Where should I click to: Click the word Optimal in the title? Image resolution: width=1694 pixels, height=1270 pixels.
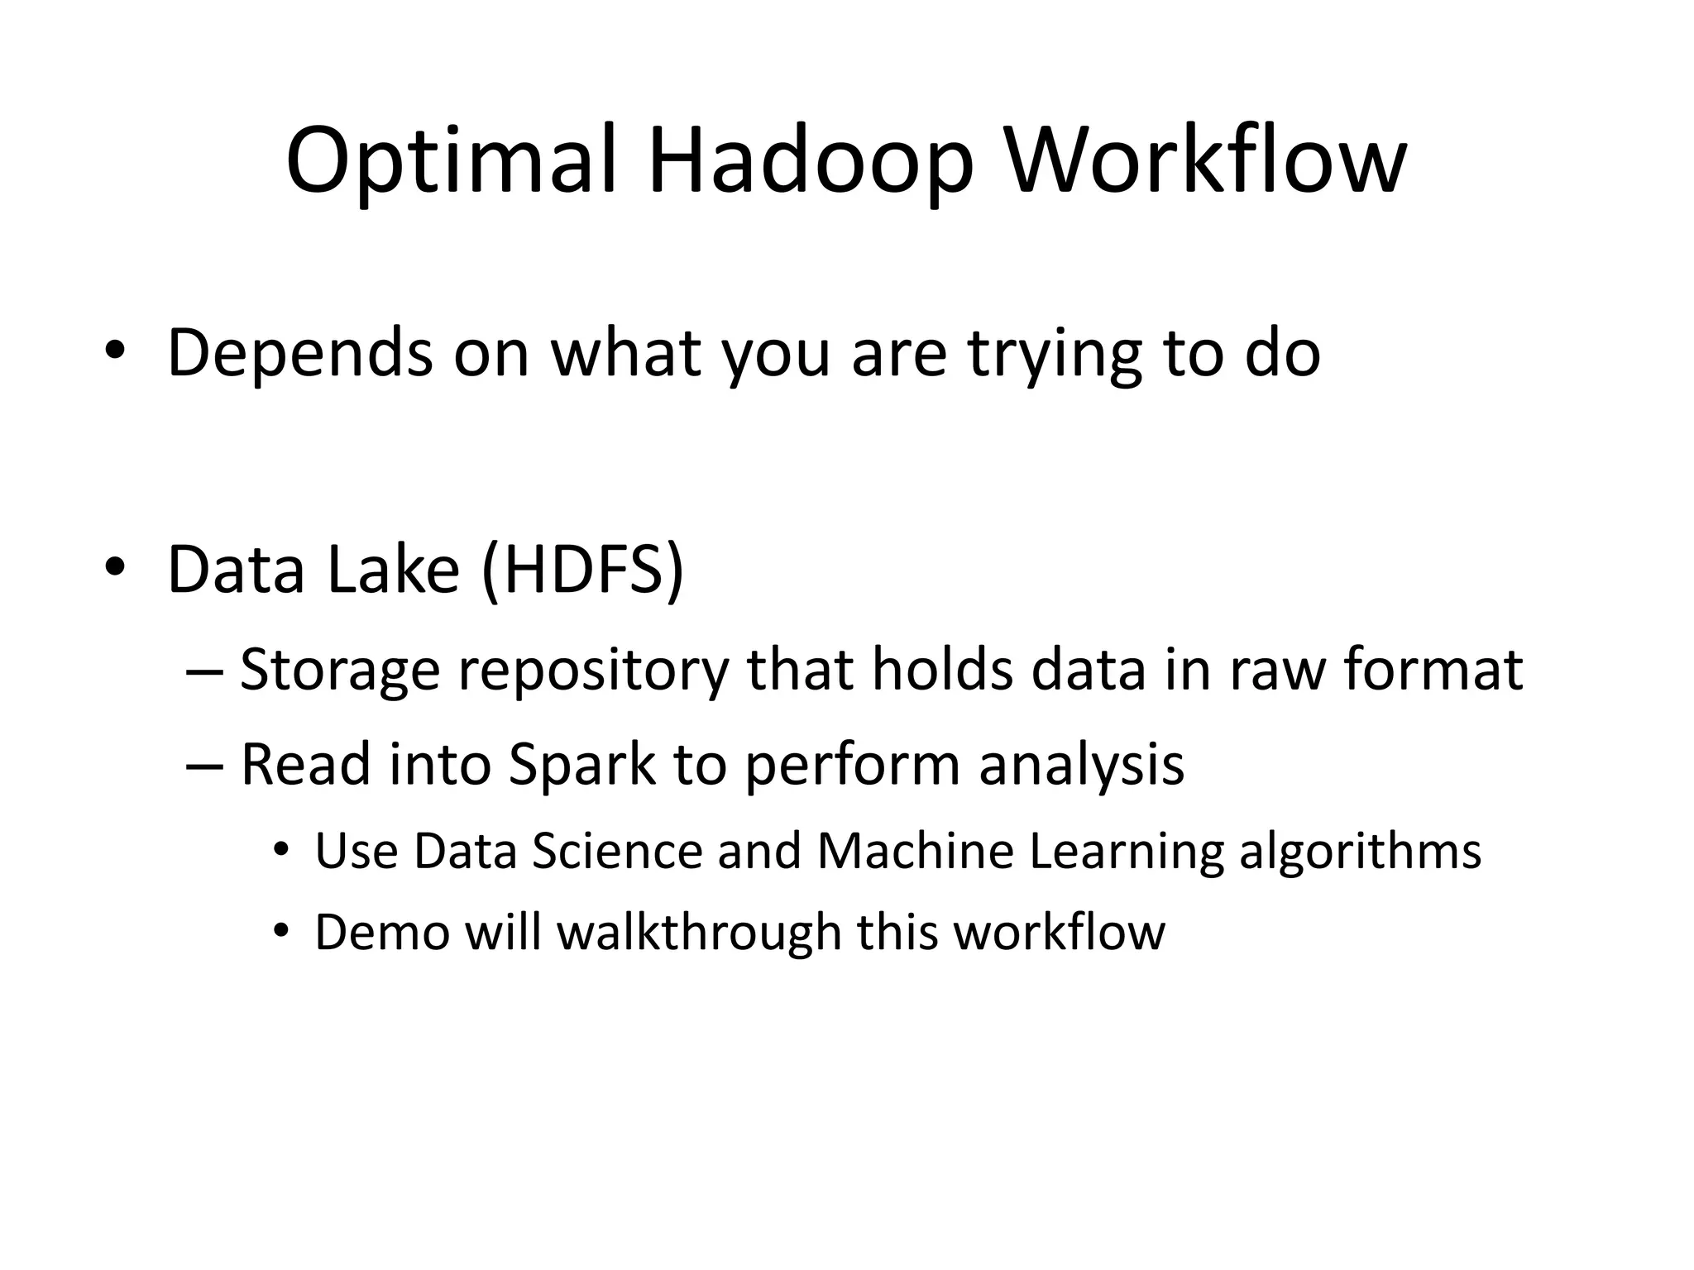(x=451, y=161)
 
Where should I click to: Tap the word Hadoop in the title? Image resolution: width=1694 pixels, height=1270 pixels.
(x=811, y=161)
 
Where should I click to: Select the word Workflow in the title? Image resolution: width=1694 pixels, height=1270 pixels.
(x=1205, y=161)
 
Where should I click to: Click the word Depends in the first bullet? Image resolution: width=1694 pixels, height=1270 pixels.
(x=299, y=354)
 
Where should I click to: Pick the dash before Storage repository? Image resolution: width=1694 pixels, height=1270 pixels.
(x=204, y=671)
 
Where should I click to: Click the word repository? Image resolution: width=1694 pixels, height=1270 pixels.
(x=593, y=671)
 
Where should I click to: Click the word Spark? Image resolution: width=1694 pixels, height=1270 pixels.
(x=581, y=765)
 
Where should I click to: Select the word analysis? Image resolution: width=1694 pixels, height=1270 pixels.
(x=1081, y=765)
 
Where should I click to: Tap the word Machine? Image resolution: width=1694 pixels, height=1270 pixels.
(x=915, y=851)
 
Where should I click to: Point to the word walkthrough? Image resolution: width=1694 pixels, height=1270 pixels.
(x=698, y=933)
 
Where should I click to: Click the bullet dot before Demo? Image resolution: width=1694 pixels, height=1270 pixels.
(x=281, y=931)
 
